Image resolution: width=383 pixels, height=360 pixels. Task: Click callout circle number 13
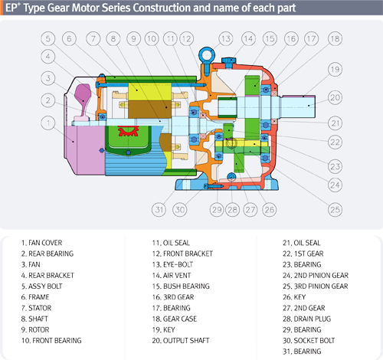pyautogui.click(x=226, y=39)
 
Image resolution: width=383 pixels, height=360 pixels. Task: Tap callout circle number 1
pyautogui.click(x=48, y=123)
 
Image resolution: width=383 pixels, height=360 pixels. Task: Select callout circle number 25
pyautogui.click(x=335, y=210)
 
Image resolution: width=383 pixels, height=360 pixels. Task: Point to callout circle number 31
pyautogui.click(x=159, y=210)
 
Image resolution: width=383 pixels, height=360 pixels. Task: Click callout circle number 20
pyautogui.click(x=335, y=97)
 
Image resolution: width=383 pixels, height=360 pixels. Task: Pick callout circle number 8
pyautogui.click(x=113, y=39)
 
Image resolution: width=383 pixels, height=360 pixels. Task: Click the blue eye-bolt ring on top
pyautogui.click(x=206, y=54)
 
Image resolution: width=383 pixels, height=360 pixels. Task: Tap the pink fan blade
pyautogui.click(x=83, y=100)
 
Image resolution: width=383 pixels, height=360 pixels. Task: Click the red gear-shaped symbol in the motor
pyautogui.click(x=128, y=131)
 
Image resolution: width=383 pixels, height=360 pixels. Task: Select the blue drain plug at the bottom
pyautogui.click(x=231, y=176)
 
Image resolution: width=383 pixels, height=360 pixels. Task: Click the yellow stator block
pyautogui.click(x=149, y=92)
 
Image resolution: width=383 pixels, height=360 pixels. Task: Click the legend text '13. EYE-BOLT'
pyautogui.click(x=172, y=264)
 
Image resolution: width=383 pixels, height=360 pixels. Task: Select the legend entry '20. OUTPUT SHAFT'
pyautogui.click(x=181, y=341)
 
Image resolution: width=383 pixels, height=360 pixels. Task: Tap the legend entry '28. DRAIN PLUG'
pyautogui.click(x=306, y=319)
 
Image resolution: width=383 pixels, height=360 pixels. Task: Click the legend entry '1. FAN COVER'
pyautogui.click(x=41, y=243)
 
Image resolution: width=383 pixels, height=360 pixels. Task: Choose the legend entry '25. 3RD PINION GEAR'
pyautogui.click(x=316, y=286)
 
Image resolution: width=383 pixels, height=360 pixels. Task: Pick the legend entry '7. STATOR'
pyautogui.click(x=36, y=308)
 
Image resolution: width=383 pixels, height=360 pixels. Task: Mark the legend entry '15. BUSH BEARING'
pyautogui.click(x=181, y=286)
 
